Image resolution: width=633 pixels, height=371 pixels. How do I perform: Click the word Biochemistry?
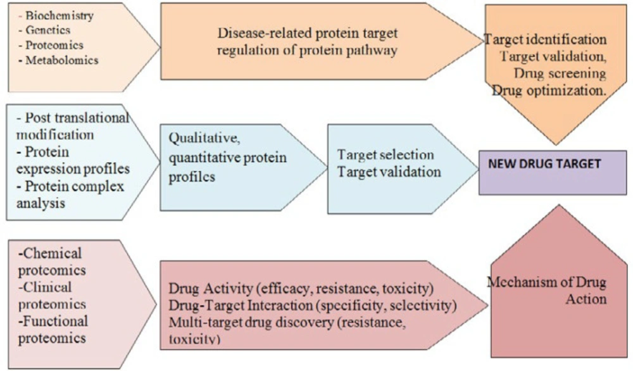coord(60,15)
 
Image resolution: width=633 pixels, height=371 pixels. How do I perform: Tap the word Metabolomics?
coord(62,60)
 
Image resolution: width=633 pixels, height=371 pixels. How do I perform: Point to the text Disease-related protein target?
coord(308,33)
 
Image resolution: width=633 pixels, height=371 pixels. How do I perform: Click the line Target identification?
coord(545,39)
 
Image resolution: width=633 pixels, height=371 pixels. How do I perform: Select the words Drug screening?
coord(560,73)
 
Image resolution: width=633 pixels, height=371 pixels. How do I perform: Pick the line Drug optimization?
coord(549,90)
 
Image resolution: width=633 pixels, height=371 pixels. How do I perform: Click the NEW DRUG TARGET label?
coord(544,163)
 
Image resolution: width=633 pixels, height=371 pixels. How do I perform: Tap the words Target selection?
coord(385,154)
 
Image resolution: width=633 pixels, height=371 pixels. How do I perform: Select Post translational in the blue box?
coord(73,118)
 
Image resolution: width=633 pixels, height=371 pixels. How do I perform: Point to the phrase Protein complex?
coord(70,186)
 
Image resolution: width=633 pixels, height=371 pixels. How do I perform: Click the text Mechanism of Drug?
coord(547,282)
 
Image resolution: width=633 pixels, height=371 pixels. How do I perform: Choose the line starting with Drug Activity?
coord(301,288)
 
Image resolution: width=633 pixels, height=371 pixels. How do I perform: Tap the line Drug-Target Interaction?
coord(313,305)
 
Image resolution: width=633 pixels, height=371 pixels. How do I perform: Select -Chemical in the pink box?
coord(49,253)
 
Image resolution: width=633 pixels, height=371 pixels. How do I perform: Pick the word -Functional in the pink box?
coord(53,321)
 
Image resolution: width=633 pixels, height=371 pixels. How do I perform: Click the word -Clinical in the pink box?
coord(45,287)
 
